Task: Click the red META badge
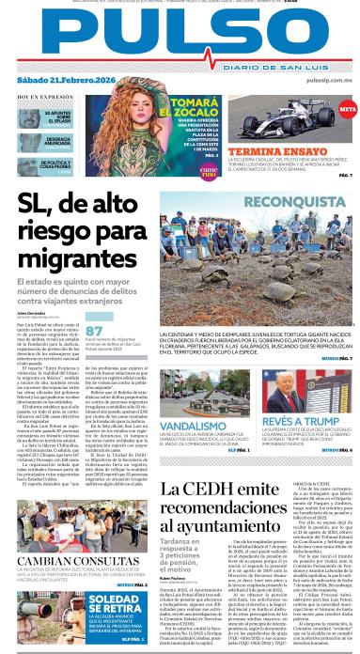pos(347,111)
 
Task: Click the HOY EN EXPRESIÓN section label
pos(40,96)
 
